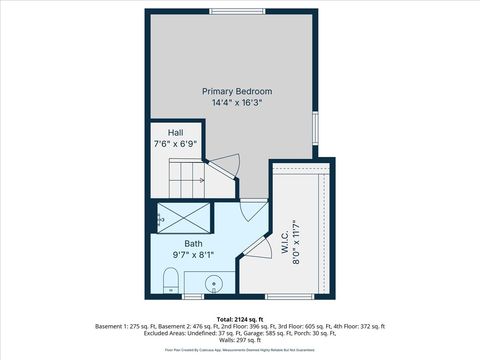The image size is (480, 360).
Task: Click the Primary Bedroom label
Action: point(244,91)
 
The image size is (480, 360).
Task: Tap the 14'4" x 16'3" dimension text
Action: point(244,103)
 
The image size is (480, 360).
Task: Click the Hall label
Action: point(175,133)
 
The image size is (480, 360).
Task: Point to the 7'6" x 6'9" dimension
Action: point(175,144)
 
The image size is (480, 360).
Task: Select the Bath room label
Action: point(193,243)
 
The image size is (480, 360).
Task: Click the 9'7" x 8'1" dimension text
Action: point(193,255)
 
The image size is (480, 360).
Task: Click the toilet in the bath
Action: point(170,279)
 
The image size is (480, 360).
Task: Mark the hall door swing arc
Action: point(228,162)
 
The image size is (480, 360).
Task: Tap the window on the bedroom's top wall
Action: point(238,11)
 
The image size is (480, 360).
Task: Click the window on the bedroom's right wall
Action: point(316,127)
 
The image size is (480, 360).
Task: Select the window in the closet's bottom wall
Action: point(295,297)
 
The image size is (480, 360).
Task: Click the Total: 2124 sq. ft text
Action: point(240,319)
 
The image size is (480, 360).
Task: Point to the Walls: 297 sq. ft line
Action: point(240,340)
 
